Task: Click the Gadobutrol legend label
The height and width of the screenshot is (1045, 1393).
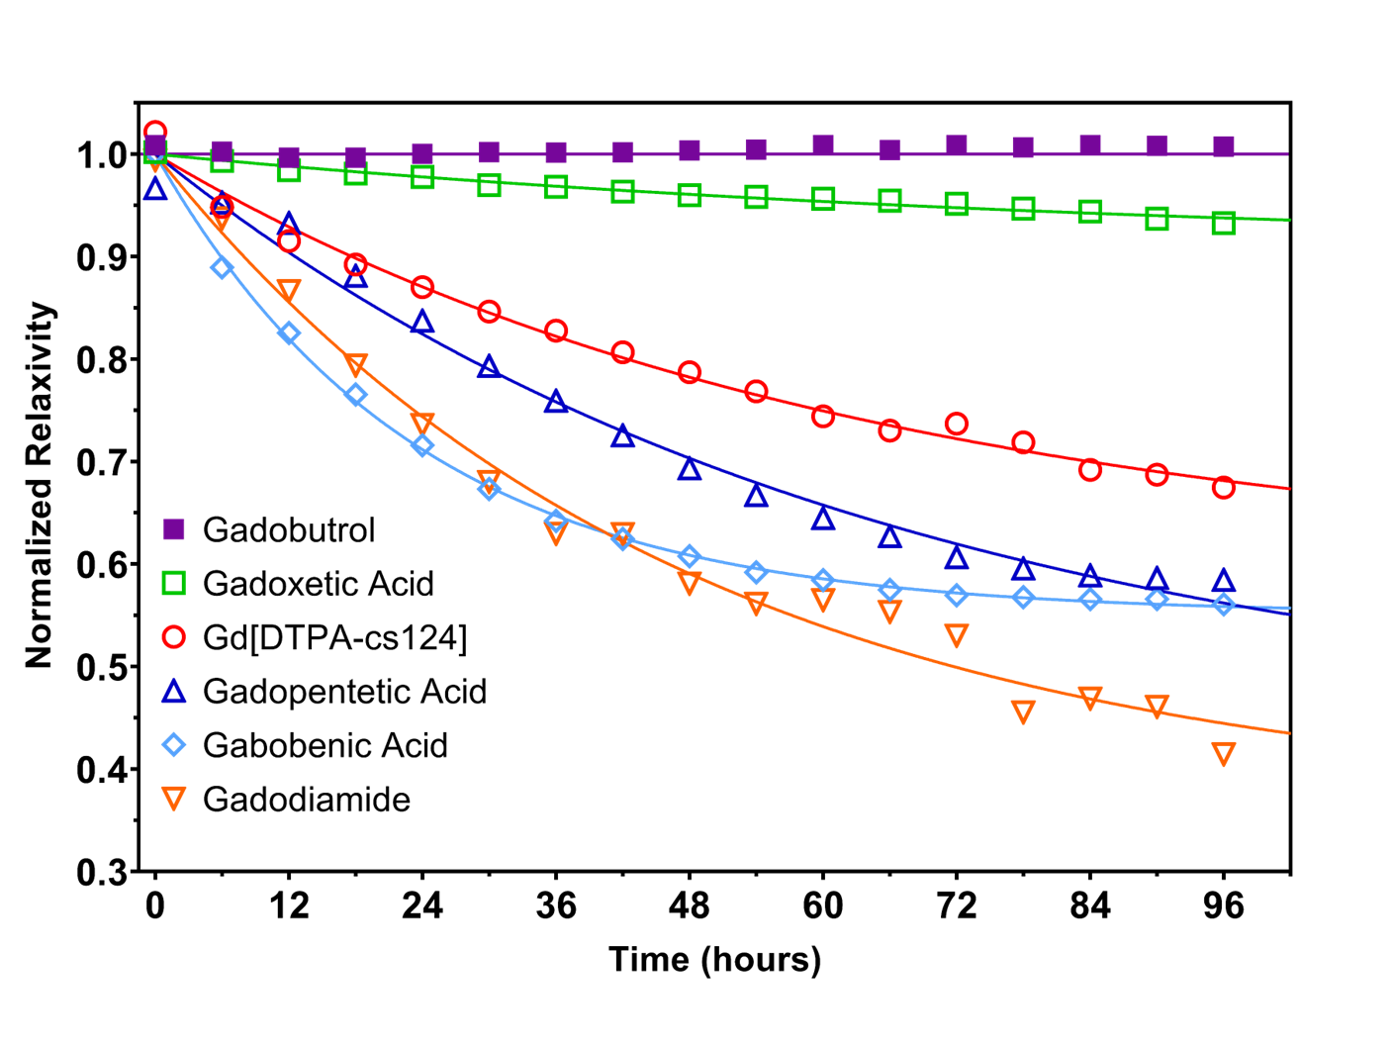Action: click(x=289, y=530)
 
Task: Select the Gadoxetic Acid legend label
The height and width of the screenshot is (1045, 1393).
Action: click(x=318, y=584)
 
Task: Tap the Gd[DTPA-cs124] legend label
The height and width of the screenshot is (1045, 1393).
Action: click(x=334, y=637)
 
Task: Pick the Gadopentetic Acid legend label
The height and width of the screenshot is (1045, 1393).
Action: click(x=344, y=691)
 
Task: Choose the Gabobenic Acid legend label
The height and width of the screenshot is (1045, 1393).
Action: click(x=325, y=745)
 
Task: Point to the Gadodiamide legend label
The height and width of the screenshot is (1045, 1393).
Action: click(x=306, y=799)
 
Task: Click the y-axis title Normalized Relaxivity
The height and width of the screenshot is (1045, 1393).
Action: click(x=40, y=486)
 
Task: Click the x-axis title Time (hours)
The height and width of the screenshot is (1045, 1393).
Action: click(x=714, y=959)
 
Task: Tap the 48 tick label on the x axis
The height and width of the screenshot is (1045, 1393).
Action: click(x=690, y=905)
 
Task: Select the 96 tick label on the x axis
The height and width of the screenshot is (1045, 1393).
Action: click(x=1224, y=905)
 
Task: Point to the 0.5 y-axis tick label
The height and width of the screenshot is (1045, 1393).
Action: click(x=102, y=667)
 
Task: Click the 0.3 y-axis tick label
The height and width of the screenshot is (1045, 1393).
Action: click(x=102, y=873)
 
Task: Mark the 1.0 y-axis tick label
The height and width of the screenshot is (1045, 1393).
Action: click(x=102, y=155)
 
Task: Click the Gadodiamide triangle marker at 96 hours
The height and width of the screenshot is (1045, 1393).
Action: click(x=1224, y=754)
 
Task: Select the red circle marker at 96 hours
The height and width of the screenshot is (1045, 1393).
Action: click(x=1224, y=487)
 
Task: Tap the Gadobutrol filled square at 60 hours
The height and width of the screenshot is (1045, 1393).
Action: click(x=823, y=145)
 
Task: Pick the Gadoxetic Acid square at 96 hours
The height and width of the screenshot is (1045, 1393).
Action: click(x=1224, y=223)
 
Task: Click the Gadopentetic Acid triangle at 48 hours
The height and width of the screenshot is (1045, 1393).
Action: click(x=690, y=468)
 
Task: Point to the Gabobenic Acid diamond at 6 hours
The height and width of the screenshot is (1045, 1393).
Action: click(x=223, y=267)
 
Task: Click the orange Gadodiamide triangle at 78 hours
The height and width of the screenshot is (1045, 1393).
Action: click(x=1024, y=712)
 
